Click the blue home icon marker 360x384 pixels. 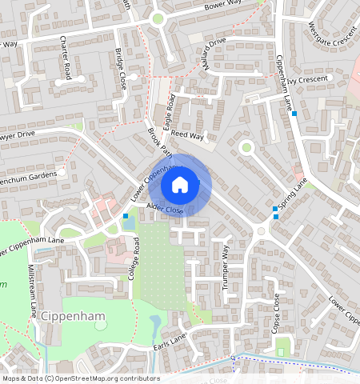(180, 186)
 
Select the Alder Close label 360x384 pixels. (165, 210)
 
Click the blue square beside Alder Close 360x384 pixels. (126, 216)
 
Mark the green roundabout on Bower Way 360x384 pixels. (158, 18)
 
